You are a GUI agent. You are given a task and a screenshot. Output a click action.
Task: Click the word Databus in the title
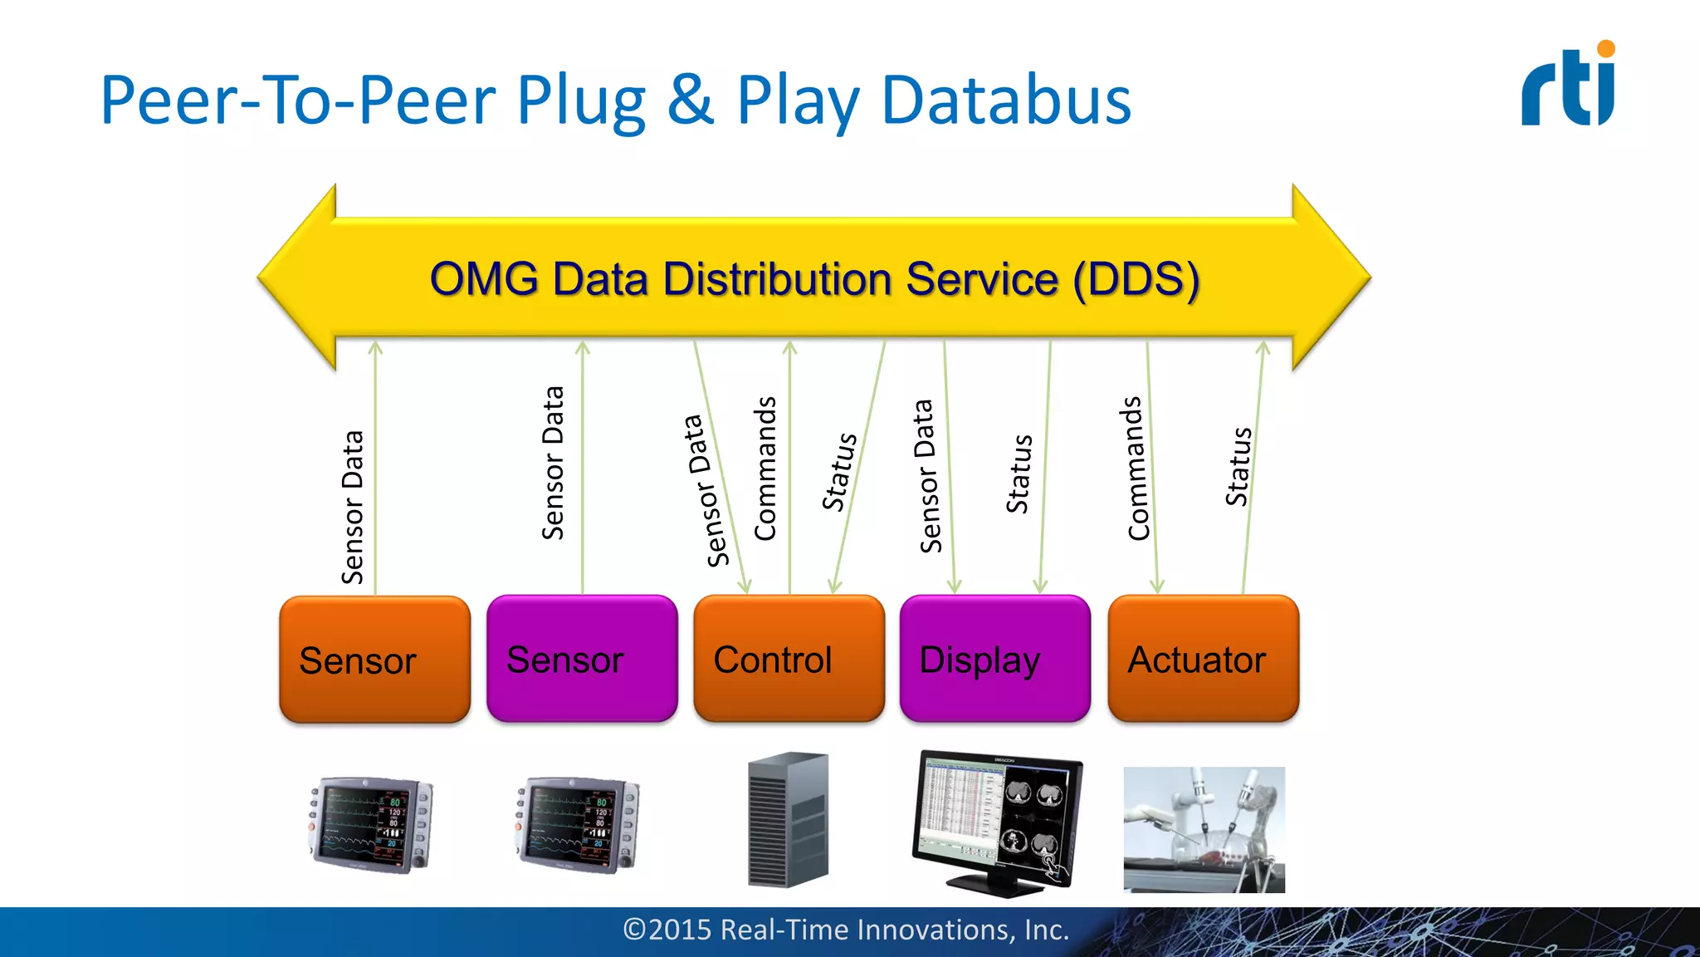click(1006, 101)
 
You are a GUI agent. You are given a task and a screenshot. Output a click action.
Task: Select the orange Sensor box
click(374, 660)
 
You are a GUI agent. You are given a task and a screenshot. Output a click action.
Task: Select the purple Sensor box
click(582, 659)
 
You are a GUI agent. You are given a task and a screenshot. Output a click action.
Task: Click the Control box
click(789, 659)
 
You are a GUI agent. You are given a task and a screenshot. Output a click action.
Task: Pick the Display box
click(994, 659)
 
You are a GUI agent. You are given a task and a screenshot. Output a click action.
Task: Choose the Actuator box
click(1203, 659)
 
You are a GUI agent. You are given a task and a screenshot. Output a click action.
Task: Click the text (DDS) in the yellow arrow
click(1136, 279)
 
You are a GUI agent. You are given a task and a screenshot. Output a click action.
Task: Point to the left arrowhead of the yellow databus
click(299, 277)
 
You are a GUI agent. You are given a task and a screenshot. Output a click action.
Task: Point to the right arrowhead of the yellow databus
click(1330, 277)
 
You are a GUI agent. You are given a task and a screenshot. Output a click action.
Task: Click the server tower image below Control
click(788, 819)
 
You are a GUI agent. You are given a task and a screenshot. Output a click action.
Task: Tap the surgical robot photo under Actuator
click(1204, 829)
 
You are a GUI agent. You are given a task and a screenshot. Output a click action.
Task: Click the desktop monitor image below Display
click(996, 822)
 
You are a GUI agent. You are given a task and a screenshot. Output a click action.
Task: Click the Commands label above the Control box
click(765, 469)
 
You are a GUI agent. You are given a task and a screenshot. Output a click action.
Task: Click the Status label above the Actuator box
click(1238, 467)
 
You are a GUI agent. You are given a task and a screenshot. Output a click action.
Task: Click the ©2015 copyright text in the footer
click(846, 930)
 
